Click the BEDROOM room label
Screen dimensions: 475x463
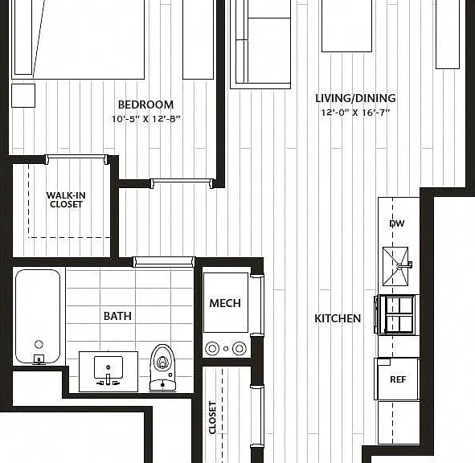point(145,104)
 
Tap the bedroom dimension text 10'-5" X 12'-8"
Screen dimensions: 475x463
point(146,119)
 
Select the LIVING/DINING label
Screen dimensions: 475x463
point(355,98)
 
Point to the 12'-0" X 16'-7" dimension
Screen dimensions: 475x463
point(355,113)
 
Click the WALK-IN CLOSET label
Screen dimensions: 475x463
point(66,199)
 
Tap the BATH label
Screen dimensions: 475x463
point(117,316)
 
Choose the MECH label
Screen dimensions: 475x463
point(225,303)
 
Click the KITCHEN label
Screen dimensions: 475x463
point(338,318)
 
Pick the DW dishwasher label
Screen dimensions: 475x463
point(397,223)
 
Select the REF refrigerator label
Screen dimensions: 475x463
point(398,379)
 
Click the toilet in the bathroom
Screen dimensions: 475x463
point(163,367)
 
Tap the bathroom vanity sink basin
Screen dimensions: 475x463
point(109,367)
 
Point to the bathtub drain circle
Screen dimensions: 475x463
point(39,344)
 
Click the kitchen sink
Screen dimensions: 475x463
point(395,266)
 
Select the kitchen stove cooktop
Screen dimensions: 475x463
point(398,314)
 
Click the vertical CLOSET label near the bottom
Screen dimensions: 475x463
point(213,417)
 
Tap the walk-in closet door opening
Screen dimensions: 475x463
point(76,158)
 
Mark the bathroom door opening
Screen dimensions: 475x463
point(164,261)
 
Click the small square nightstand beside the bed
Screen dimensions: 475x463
point(23,96)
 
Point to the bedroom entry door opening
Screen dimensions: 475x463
point(182,182)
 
